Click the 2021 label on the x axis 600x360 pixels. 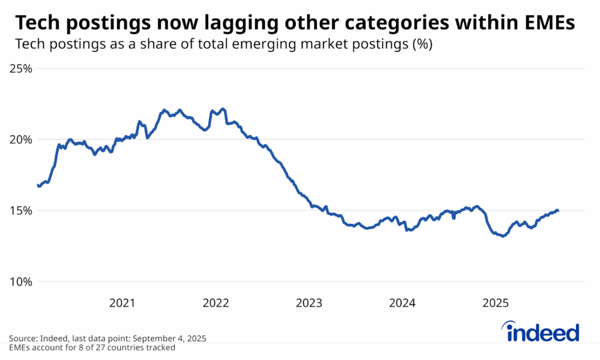click(x=122, y=303)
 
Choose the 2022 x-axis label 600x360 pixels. click(x=216, y=303)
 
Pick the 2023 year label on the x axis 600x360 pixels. click(x=309, y=303)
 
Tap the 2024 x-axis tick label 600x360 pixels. click(x=402, y=303)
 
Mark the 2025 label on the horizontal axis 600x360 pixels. click(x=495, y=303)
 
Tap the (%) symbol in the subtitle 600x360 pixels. click(x=421, y=45)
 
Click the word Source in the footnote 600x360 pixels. click(x=22, y=339)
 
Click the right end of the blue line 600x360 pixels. click(x=558, y=210)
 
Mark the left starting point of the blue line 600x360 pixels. click(x=38, y=185)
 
